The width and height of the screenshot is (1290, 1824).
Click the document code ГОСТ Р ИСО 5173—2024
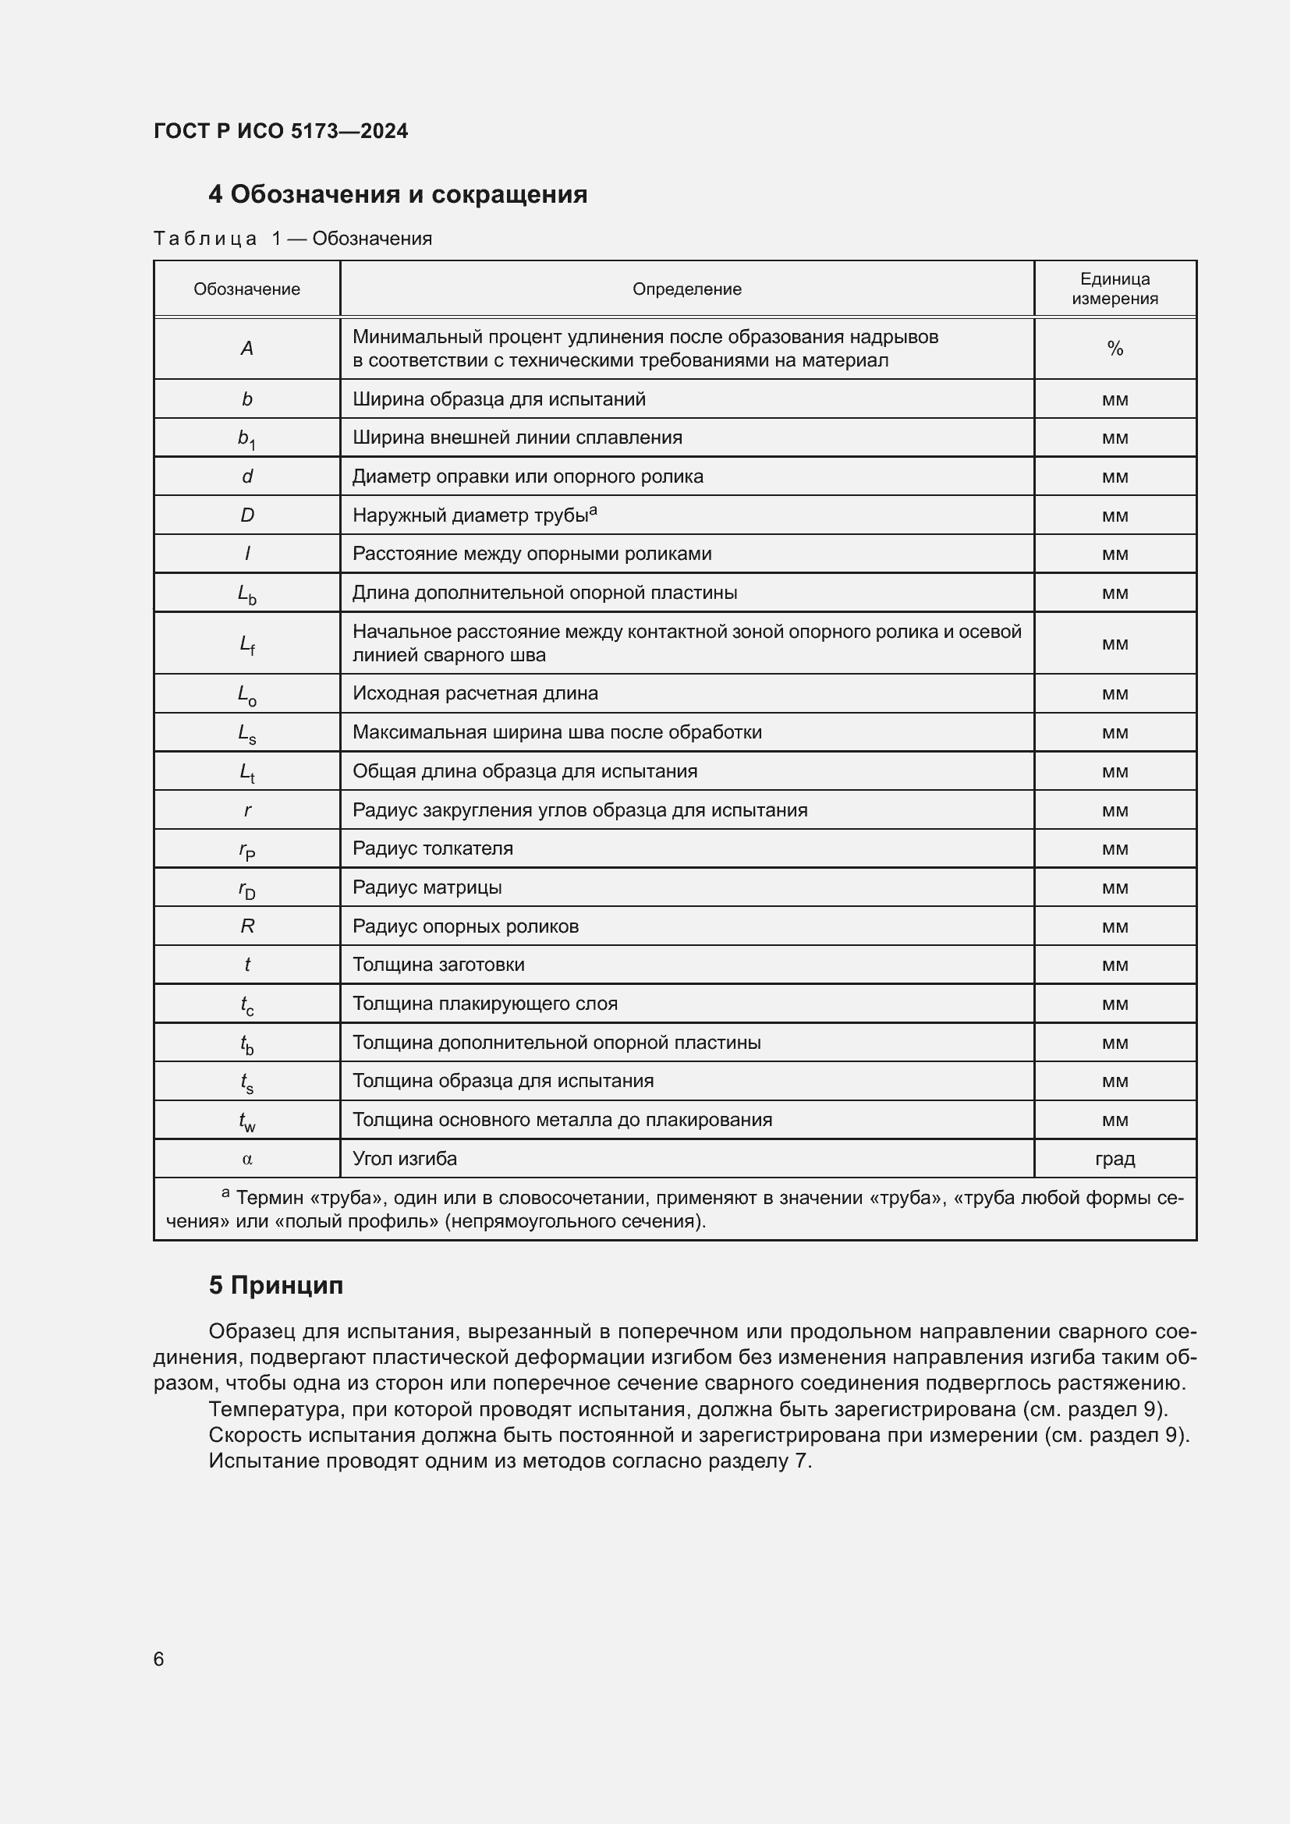(281, 131)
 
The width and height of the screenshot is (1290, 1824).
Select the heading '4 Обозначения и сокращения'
(397, 195)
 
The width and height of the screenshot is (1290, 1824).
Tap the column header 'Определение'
(686, 289)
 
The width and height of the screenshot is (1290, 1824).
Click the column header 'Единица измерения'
(1115, 289)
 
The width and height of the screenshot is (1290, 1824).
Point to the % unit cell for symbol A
(1115, 349)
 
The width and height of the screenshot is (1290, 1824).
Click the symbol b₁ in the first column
(247, 438)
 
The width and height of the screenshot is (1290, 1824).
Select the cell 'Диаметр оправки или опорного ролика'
(527, 476)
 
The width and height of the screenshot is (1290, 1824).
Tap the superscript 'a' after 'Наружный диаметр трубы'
(594, 511)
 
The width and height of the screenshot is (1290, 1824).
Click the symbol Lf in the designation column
(247, 644)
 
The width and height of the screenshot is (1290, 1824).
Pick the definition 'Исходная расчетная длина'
(475, 693)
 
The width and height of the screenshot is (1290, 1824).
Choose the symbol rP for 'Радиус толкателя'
(247, 850)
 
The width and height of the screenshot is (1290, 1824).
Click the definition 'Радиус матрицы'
(427, 887)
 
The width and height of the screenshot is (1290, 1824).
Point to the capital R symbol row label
(247, 926)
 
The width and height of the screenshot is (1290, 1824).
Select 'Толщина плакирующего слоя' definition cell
(484, 1004)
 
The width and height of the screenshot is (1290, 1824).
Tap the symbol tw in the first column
(247, 1121)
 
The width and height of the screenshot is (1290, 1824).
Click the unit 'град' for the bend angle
(1115, 1158)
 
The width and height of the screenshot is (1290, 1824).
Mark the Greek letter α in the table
(247, 1159)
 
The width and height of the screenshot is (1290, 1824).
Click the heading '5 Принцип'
(275, 1285)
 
